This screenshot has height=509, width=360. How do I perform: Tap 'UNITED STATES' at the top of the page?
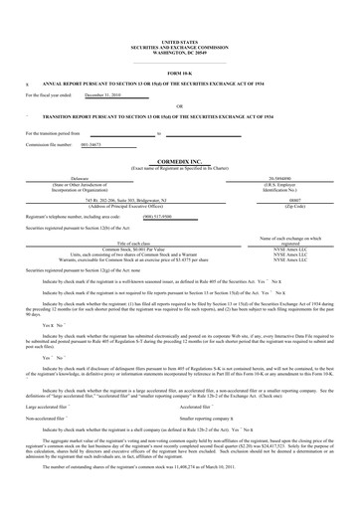[179, 12]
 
